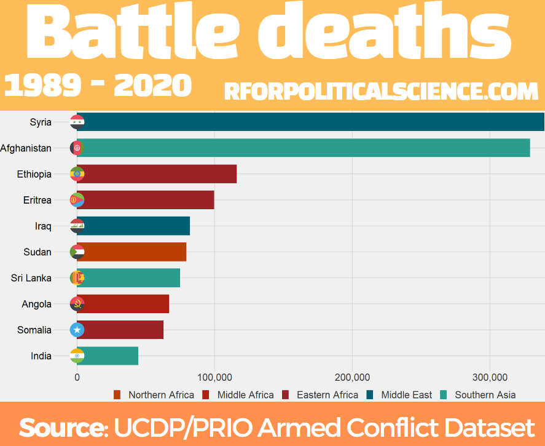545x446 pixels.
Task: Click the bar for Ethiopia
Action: (157, 174)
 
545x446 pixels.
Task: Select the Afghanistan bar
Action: (304, 148)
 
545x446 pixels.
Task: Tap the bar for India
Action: (108, 356)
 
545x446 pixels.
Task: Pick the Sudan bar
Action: (131, 252)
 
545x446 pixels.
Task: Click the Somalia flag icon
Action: (77, 330)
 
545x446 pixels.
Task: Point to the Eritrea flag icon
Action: (77, 200)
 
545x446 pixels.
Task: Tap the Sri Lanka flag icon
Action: (77, 278)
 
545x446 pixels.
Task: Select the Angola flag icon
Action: (77, 304)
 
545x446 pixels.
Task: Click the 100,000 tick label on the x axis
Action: (214, 378)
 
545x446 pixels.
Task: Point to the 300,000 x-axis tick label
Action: (490, 378)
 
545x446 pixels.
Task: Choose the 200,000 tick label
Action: (352, 378)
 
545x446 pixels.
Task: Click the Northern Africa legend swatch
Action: (117, 395)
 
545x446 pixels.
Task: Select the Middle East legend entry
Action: (399, 395)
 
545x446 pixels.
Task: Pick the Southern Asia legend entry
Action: (477, 395)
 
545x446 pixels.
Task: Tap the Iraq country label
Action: (43, 226)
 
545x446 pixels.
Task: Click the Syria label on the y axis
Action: (41, 122)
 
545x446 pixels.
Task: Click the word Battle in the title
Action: (133, 32)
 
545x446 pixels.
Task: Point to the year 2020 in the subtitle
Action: (153, 86)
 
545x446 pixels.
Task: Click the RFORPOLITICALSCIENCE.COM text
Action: (382, 92)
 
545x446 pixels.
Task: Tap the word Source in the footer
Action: (63, 427)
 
